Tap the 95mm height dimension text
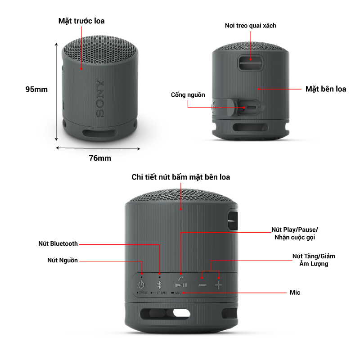36,89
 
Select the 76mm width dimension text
100,158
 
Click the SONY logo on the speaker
100,99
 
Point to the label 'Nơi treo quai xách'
251,26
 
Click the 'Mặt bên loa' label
326,89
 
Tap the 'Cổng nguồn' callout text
188,95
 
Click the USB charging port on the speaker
251,108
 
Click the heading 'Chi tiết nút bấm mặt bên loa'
181,177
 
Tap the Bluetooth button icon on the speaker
159,284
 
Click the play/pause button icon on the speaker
181,284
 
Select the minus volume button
202,285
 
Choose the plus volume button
219,285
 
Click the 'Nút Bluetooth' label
58,244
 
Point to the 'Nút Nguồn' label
63,261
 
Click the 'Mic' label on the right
295,292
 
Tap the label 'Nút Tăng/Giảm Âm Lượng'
314,260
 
